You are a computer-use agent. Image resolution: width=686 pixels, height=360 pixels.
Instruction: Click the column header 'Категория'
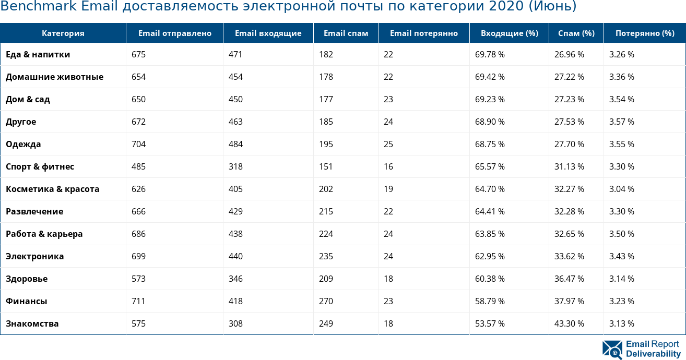63,33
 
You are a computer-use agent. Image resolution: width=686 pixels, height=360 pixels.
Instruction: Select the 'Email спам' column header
346,33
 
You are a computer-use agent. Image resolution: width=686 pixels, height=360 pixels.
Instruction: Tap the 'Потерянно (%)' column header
644,33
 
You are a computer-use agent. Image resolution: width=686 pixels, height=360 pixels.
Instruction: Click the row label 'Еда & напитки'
38,54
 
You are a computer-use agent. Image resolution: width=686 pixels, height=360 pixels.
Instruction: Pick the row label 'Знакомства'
32,323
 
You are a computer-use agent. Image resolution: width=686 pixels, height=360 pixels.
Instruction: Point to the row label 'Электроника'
34,256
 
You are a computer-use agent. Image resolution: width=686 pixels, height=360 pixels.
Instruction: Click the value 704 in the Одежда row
138,144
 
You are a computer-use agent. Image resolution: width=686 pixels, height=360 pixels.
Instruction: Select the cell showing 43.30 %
569,323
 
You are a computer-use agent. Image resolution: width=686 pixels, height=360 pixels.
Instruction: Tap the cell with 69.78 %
490,54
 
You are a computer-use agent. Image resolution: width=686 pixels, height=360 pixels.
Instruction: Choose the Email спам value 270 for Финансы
326,301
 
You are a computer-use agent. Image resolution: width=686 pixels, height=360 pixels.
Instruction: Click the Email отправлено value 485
138,166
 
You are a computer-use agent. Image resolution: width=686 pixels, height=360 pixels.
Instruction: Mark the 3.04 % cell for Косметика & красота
621,189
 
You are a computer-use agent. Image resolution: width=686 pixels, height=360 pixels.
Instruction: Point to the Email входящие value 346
235,279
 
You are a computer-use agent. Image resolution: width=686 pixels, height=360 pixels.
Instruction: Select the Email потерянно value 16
388,166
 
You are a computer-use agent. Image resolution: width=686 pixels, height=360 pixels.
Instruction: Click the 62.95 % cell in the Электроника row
490,256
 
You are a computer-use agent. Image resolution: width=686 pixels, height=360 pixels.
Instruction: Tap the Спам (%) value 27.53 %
569,122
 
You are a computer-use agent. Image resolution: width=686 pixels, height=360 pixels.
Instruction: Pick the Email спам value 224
326,234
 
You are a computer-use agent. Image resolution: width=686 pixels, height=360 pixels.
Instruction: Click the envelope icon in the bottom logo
612,350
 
